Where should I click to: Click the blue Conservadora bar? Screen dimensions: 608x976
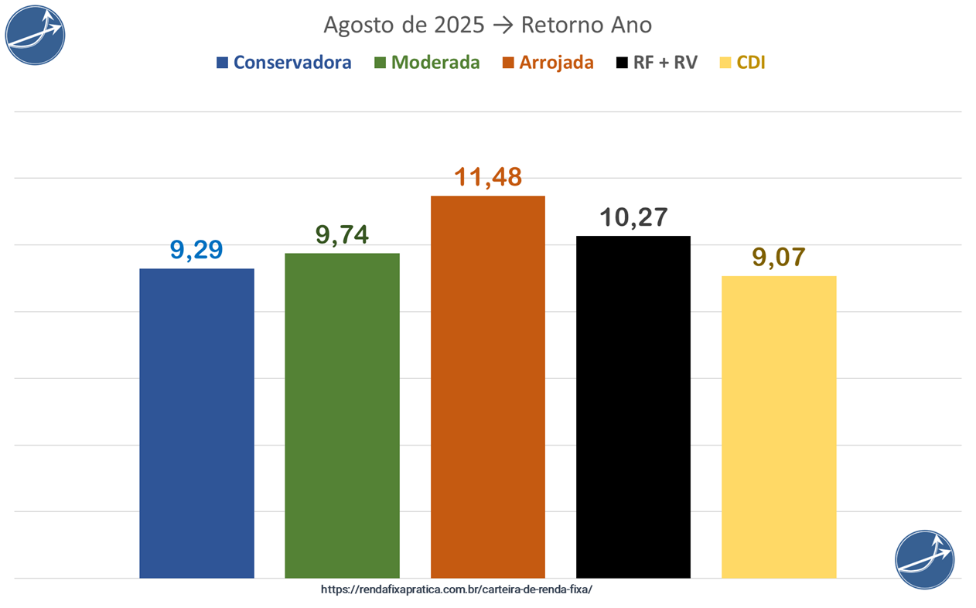tap(196, 423)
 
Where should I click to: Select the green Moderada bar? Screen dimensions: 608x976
tap(342, 415)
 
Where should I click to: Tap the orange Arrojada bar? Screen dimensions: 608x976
tap(487, 387)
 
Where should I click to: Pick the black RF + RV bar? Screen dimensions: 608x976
tap(633, 407)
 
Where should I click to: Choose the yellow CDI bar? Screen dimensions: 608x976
tap(778, 427)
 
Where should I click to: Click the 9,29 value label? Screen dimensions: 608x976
tap(196, 250)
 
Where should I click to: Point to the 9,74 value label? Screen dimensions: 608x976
tap(342, 234)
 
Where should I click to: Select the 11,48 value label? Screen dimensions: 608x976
tap(487, 177)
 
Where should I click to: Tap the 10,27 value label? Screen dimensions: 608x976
tap(633, 217)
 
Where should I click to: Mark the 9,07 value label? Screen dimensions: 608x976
tap(778, 258)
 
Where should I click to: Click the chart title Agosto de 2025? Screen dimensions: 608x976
tap(487, 25)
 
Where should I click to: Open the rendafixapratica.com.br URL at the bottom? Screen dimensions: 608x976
tap(456, 589)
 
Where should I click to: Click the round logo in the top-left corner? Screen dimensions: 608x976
tap(35, 34)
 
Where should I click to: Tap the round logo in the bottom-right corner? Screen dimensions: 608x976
tap(925, 559)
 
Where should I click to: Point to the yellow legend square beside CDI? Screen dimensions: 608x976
tap(725, 63)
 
